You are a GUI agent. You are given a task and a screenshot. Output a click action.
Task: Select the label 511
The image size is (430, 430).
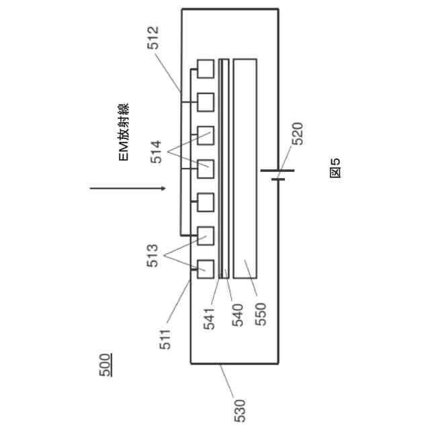click(166, 337)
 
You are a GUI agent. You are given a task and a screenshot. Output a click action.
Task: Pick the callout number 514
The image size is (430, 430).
click(156, 153)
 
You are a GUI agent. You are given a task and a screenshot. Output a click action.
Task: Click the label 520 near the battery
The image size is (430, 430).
click(298, 134)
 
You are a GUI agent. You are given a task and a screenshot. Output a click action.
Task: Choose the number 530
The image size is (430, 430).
click(241, 409)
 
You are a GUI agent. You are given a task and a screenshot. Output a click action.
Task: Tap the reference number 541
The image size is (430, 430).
click(210, 316)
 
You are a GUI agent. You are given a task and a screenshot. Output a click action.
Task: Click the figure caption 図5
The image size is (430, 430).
click(335, 167)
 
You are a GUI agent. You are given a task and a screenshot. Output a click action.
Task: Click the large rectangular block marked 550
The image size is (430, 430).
click(245, 168)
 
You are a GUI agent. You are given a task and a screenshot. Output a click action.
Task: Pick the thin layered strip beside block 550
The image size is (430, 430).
click(224, 168)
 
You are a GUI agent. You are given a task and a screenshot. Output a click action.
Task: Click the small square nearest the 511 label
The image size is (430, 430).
click(205, 269)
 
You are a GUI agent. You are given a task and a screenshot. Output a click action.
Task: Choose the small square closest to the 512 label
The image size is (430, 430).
click(205, 69)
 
